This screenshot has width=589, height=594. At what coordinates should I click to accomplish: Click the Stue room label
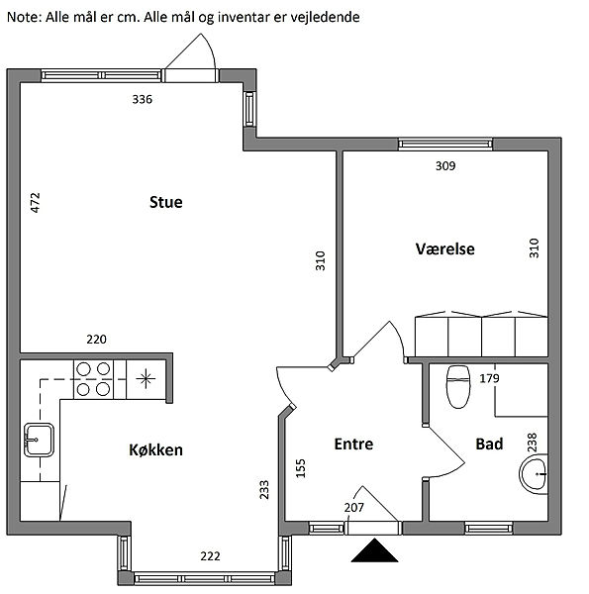(166, 202)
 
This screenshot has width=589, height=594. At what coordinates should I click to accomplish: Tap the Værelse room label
(445, 248)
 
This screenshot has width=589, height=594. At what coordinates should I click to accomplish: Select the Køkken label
(155, 449)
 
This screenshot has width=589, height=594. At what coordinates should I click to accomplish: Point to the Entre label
(353, 444)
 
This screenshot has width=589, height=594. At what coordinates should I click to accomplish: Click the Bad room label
(489, 444)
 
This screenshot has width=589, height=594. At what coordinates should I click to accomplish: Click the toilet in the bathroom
(458, 387)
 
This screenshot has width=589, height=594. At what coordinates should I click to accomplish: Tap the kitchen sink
(39, 440)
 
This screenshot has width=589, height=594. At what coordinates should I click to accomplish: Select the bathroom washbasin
(534, 474)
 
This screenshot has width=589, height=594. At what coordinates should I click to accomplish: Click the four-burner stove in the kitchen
(93, 379)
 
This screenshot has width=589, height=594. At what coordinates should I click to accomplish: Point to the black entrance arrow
(374, 549)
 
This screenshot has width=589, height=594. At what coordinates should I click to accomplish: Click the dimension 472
(35, 203)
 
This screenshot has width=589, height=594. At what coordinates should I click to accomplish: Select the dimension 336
(142, 99)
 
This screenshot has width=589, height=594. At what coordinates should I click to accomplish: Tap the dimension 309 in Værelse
(445, 166)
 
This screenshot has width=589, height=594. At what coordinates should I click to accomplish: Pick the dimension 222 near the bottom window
(210, 556)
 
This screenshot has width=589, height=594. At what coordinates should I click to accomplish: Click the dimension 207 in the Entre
(354, 507)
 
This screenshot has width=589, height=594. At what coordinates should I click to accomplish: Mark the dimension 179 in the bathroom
(489, 378)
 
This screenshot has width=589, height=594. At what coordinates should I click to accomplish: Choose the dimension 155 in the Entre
(300, 468)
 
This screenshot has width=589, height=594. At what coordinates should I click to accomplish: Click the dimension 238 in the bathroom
(533, 443)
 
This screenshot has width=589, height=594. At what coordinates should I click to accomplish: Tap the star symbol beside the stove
(146, 379)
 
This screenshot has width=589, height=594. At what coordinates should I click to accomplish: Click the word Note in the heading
(24, 17)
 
